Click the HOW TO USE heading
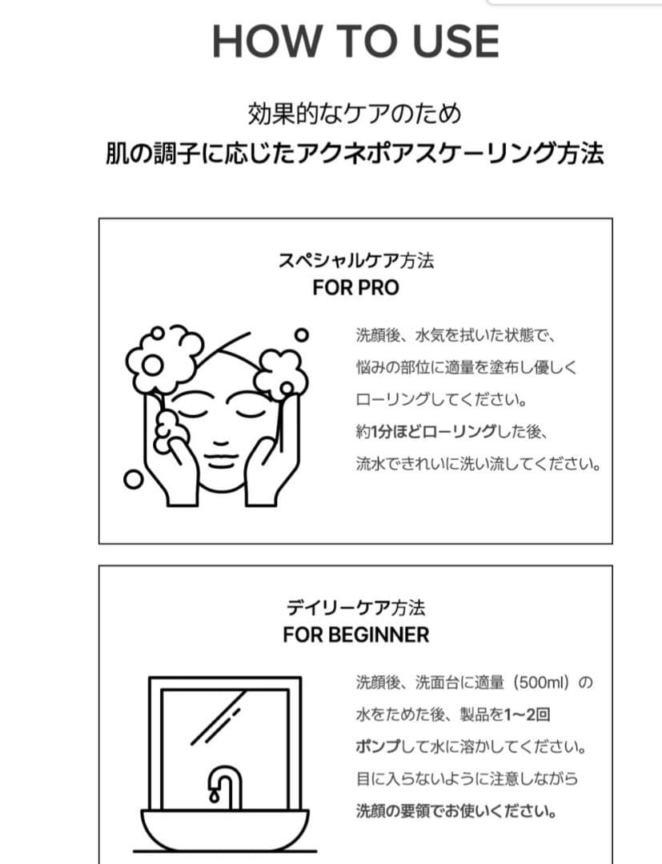click(x=355, y=42)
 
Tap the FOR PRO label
click(x=355, y=288)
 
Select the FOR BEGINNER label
click(x=355, y=634)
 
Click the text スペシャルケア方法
click(x=355, y=262)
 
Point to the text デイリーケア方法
click(x=355, y=607)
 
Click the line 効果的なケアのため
click(x=355, y=114)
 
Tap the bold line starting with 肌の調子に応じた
click(x=355, y=153)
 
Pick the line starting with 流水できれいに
click(x=478, y=464)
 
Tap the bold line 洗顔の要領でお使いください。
click(x=457, y=810)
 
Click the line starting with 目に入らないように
click(x=467, y=778)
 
